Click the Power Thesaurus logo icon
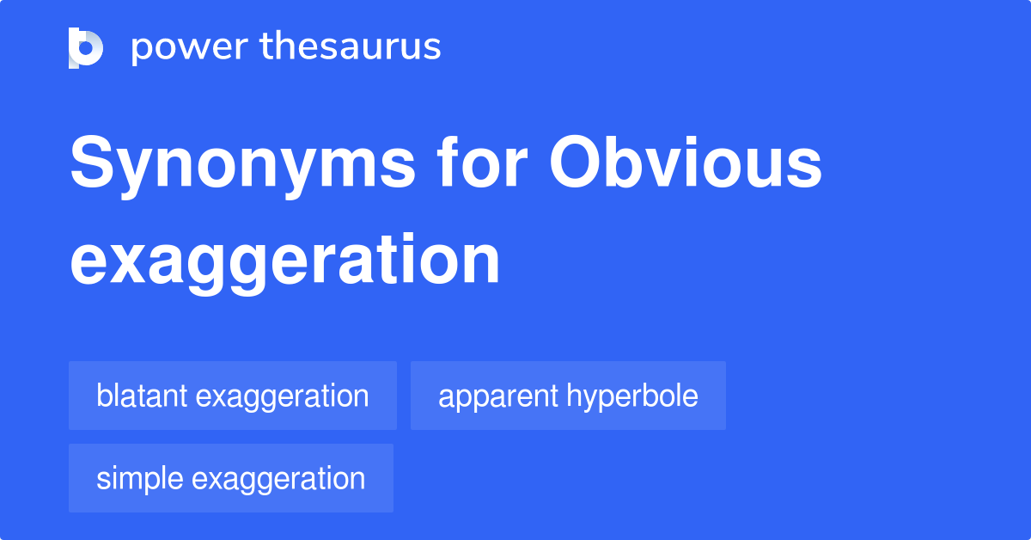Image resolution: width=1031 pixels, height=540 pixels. (x=86, y=47)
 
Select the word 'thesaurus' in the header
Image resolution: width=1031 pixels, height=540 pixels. (x=351, y=47)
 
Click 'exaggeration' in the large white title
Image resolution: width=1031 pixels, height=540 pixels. (x=284, y=260)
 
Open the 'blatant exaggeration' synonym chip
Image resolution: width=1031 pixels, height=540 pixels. (x=232, y=396)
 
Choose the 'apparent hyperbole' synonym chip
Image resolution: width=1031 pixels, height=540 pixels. (x=568, y=396)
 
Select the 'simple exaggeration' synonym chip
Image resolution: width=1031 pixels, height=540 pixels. (x=230, y=479)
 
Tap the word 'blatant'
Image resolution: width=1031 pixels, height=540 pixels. (x=142, y=396)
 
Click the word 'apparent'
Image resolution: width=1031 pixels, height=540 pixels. (x=498, y=396)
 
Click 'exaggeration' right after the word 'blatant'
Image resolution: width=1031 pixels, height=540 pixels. (x=282, y=396)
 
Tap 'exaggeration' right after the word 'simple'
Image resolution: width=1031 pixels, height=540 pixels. (x=278, y=479)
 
